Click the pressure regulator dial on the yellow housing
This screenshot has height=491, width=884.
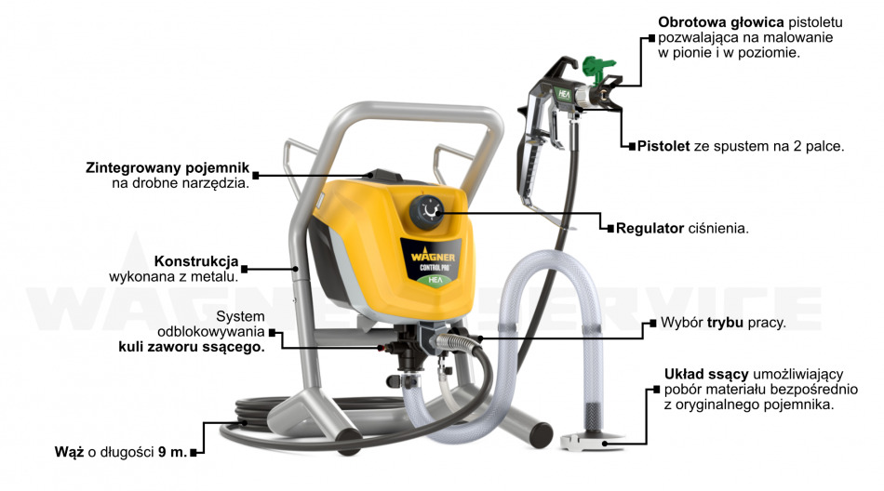[431, 212]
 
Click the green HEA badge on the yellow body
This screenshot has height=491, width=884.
[435, 278]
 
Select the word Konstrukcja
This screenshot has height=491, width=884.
[196, 260]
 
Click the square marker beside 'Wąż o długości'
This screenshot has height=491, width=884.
[194, 453]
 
